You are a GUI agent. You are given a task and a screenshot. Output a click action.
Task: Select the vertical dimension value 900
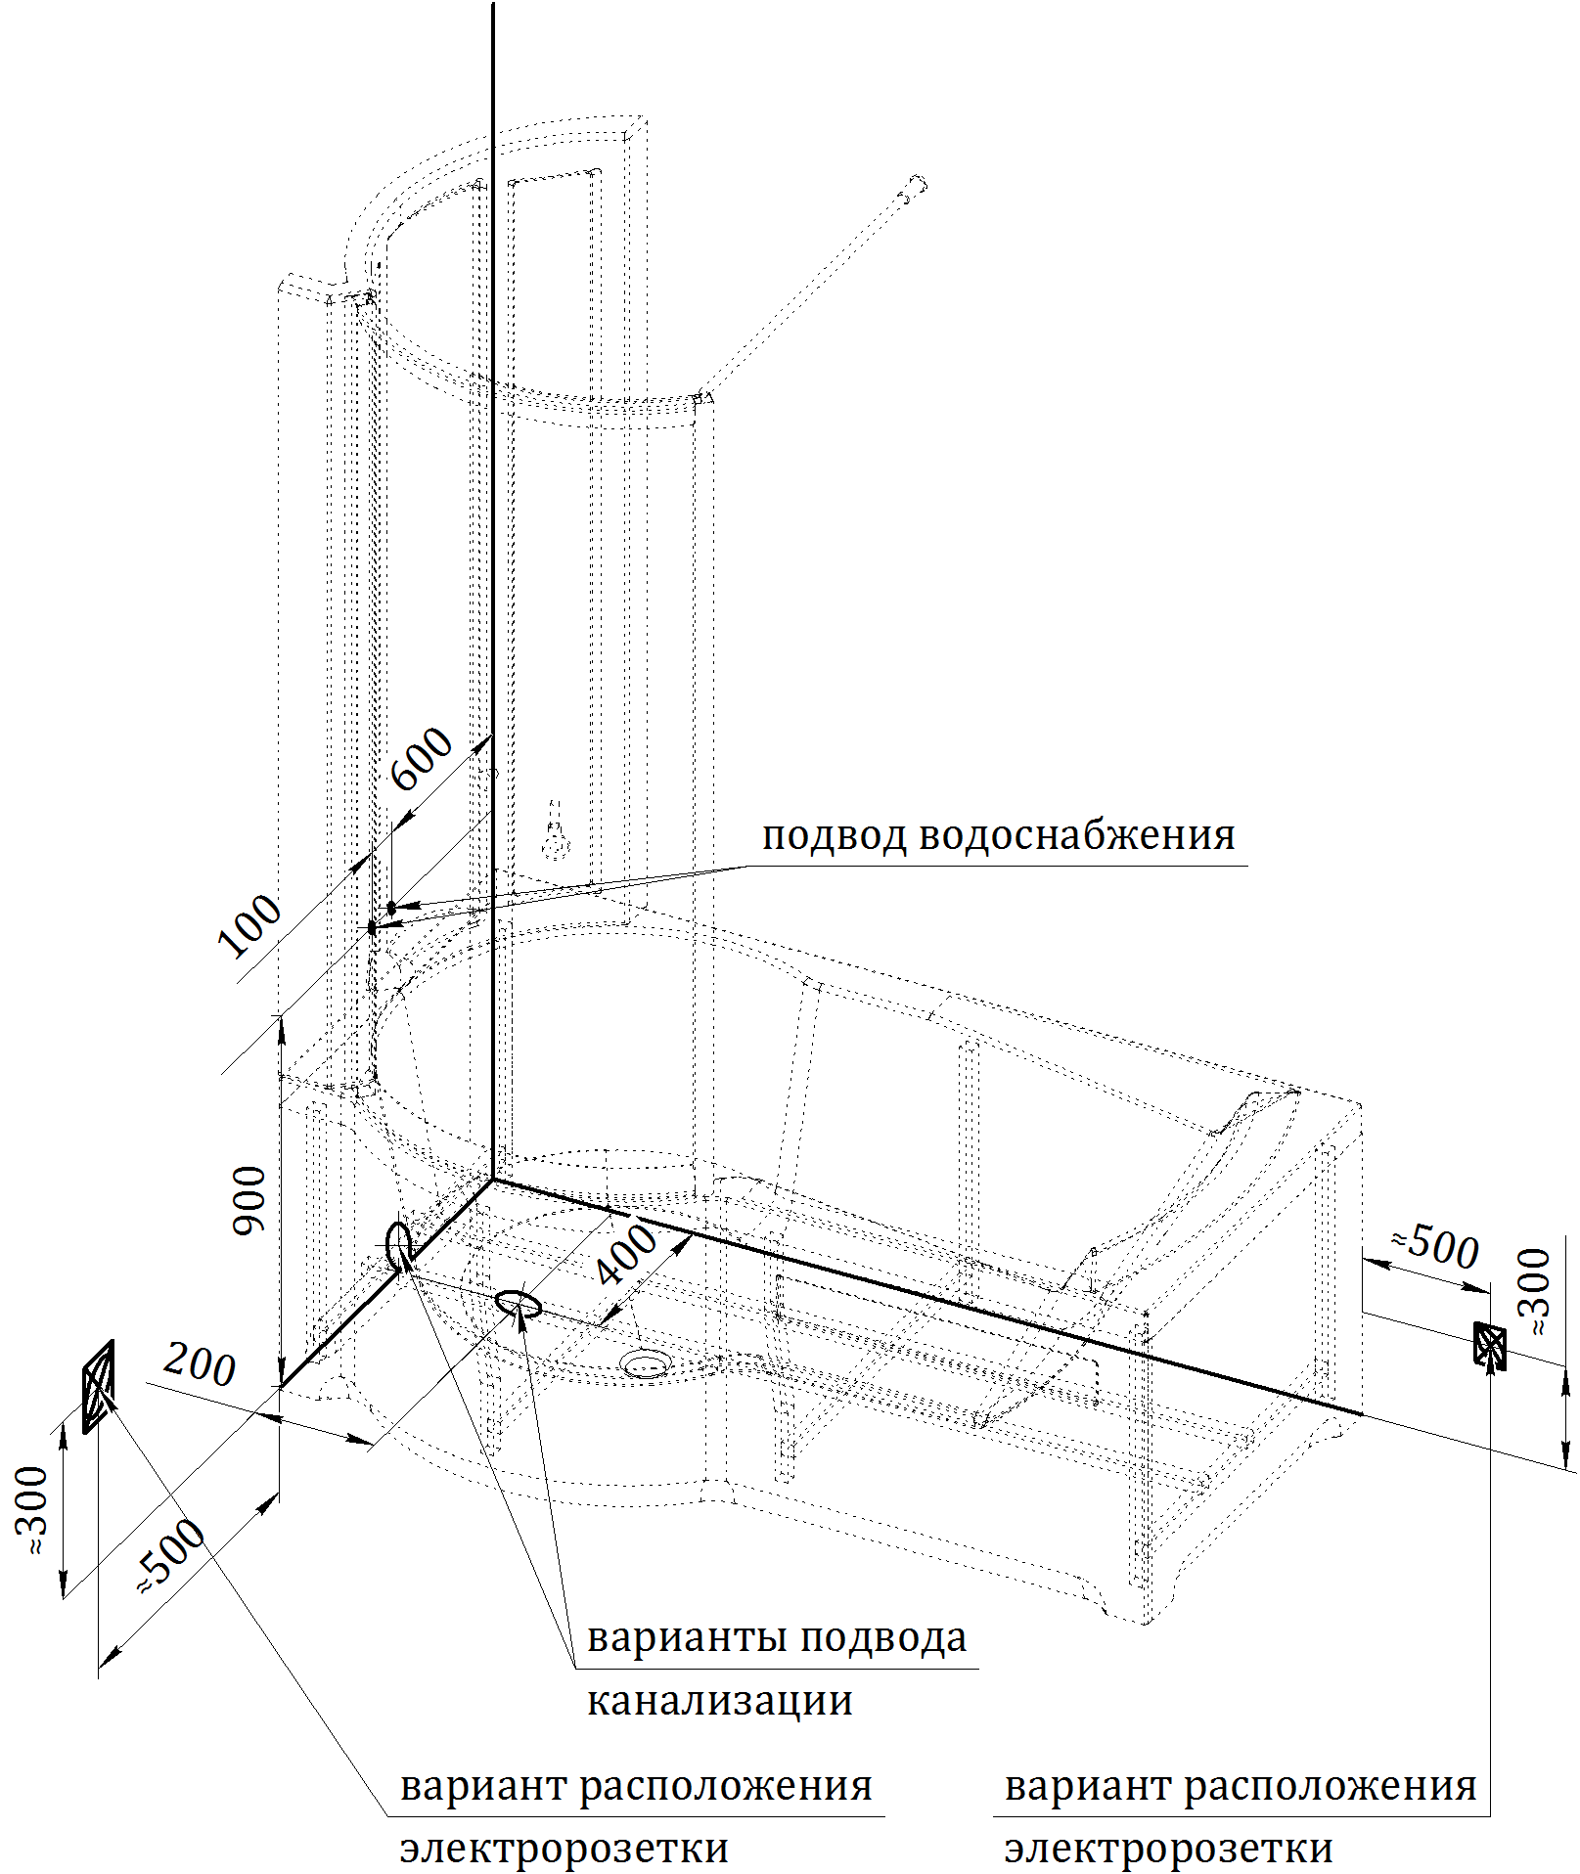point(249,1200)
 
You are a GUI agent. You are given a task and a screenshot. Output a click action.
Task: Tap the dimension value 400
point(627,1255)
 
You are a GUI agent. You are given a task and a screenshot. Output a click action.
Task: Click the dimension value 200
point(200,1365)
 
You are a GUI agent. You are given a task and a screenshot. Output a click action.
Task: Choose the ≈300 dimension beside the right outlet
point(1536,1292)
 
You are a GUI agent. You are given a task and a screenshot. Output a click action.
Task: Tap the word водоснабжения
point(1076,836)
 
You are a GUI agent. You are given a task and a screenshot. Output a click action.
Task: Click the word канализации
point(719,1701)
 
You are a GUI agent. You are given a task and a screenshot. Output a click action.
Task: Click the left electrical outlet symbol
point(98,1387)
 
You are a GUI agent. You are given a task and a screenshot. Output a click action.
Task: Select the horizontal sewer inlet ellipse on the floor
point(518,1303)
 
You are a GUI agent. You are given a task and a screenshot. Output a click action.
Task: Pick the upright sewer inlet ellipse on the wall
point(398,1244)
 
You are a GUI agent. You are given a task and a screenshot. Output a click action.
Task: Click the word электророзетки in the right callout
point(1168,1849)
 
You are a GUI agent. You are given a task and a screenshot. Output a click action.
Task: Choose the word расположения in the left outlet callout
point(726,1786)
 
